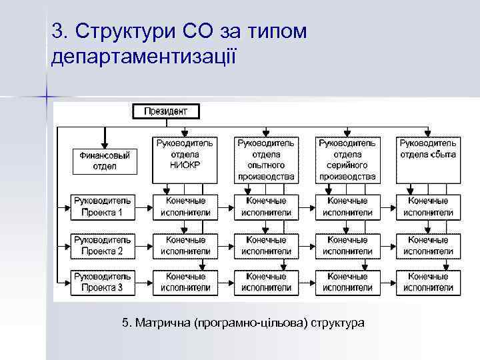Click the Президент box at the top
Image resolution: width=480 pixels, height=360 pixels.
(166, 111)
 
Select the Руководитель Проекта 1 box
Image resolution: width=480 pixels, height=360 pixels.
(103, 207)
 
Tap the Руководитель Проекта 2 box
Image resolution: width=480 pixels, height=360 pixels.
(103, 245)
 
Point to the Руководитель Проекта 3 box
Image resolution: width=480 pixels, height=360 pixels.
(103, 282)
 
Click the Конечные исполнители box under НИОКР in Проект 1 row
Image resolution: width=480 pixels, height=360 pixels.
(185, 207)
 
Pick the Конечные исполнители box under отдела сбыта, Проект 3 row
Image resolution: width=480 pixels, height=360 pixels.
(427, 282)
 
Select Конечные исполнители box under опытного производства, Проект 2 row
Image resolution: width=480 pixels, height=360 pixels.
(266, 245)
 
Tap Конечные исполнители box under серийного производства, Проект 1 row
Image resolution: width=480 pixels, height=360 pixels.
(347, 207)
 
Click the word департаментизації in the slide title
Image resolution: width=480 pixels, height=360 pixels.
(144, 56)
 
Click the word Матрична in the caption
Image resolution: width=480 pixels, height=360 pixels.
(163, 323)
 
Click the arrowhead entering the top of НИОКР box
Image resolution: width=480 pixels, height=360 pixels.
(185, 133)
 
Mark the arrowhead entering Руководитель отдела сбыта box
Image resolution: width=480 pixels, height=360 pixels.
(427, 133)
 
